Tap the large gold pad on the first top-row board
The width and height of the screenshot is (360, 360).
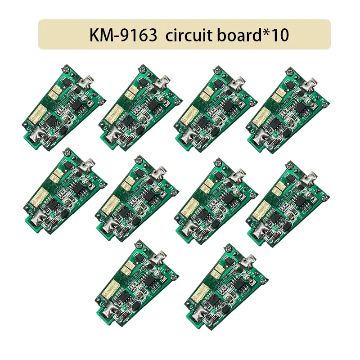34,116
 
